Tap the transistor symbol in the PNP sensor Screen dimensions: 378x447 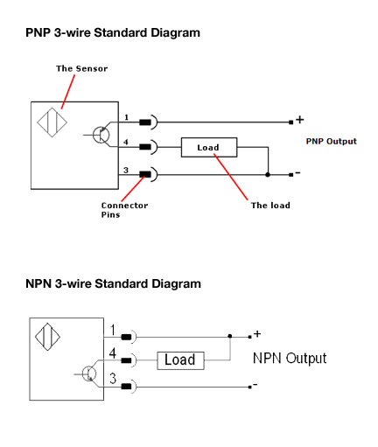(x=101, y=135)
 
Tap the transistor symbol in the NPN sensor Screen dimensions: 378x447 (x=89, y=374)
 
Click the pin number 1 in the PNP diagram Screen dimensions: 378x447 (x=126, y=117)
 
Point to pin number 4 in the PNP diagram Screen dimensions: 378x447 (x=126, y=142)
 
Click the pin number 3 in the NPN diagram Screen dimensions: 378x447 (x=113, y=378)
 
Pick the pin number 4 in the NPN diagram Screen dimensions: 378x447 (x=113, y=353)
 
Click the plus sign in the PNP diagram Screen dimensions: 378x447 (x=300, y=120)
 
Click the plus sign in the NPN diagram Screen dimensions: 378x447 (x=257, y=333)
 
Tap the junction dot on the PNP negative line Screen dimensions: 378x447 (x=268, y=175)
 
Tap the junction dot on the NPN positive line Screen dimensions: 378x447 (x=230, y=336)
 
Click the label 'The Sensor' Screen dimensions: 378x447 (x=82, y=68)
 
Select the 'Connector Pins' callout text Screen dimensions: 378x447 (x=124, y=210)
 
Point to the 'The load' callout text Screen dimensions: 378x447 (x=270, y=206)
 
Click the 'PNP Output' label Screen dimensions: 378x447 (x=332, y=142)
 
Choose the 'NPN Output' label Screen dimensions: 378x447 (x=290, y=359)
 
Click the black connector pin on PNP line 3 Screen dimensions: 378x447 (x=145, y=174)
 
